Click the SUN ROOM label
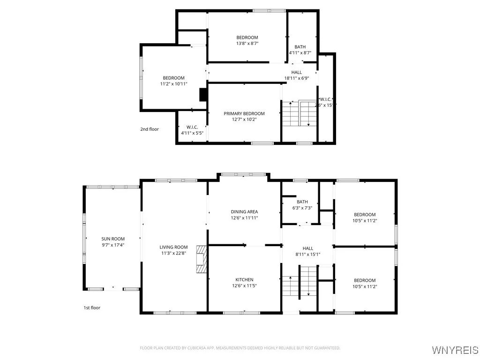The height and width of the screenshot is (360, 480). click(112, 239)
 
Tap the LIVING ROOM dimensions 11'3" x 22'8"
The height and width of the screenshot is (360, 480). click(173, 254)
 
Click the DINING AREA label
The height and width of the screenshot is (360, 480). click(244, 212)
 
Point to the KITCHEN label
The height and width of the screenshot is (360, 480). click(244, 279)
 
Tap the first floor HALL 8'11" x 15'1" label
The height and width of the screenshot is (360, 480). click(307, 251)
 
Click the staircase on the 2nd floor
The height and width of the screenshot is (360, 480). click(299, 113)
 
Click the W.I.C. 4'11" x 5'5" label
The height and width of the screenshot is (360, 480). click(192, 130)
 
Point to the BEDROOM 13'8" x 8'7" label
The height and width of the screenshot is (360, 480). click(247, 40)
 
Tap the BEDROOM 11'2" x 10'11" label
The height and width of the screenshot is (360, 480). click(173, 81)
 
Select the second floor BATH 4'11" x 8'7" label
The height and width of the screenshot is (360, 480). click(300, 50)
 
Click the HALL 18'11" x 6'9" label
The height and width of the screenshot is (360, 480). click(296, 75)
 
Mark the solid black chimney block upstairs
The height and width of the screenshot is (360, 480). click(203, 94)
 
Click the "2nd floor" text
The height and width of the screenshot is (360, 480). click(150, 129)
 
